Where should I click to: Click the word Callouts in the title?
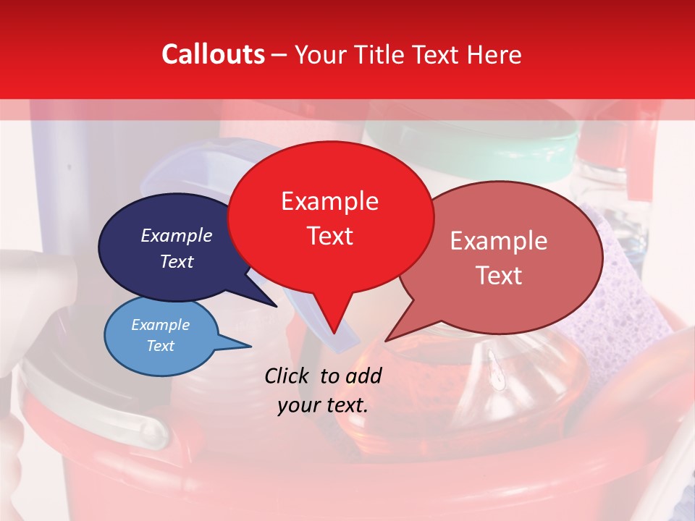pos(213,54)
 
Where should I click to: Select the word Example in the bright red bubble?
pos(329,201)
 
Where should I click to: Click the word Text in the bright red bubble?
pos(329,236)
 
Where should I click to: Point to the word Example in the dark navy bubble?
pos(177,236)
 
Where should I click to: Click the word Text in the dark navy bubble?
pos(177,261)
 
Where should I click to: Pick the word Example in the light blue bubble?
pos(160,325)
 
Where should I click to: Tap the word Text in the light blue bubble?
pos(160,346)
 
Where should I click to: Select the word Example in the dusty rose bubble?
pos(499,241)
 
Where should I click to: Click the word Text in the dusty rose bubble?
pos(499,276)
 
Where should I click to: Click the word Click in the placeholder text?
pos(288,376)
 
